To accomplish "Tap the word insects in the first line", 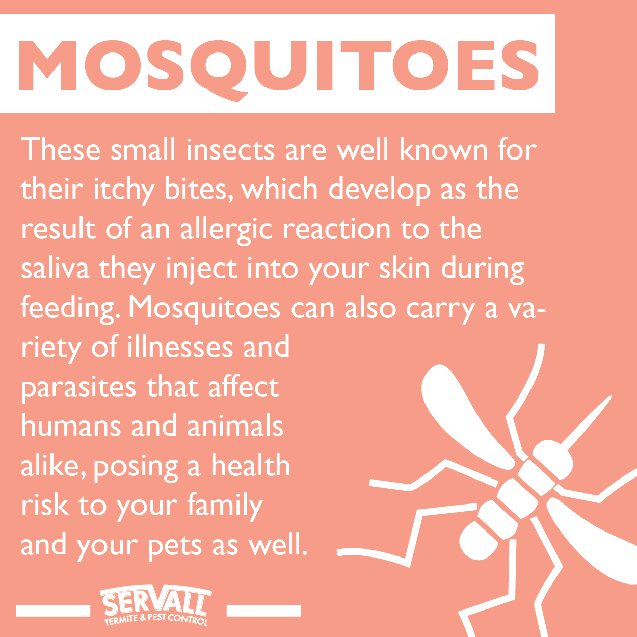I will coord(230,150).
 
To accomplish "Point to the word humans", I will coord(70,427).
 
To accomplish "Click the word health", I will coord(251,466).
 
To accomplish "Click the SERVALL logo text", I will coord(155,603).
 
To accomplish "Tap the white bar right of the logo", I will coord(263,610).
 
